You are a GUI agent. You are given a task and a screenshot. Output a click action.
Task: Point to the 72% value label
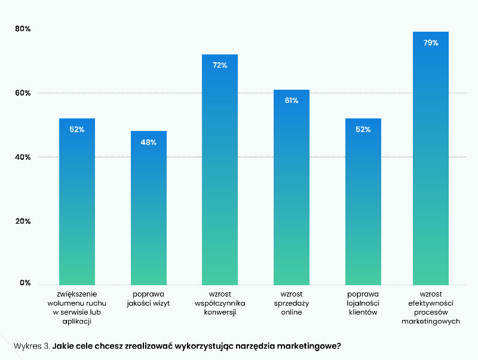(x=220, y=65)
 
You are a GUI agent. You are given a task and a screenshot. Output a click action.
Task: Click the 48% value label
(x=149, y=142)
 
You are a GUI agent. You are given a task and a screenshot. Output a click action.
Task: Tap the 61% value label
(x=292, y=100)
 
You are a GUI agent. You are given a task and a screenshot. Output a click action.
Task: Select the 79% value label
(x=431, y=43)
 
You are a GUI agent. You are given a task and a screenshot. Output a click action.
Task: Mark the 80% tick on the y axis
(x=23, y=29)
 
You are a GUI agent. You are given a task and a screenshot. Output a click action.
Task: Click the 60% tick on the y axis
(x=23, y=93)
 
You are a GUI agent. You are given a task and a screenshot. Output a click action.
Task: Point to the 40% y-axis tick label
(x=23, y=157)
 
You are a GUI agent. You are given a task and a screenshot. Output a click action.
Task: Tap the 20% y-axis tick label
(x=23, y=221)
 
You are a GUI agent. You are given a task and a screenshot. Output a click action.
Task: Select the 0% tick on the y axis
(x=24, y=283)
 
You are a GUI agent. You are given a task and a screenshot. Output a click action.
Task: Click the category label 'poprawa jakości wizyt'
(x=149, y=299)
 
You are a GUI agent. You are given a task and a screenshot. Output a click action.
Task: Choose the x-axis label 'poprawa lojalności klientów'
(x=363, y=303)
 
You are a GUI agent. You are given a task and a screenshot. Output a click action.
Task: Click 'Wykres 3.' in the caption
(x=31, y=346)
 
